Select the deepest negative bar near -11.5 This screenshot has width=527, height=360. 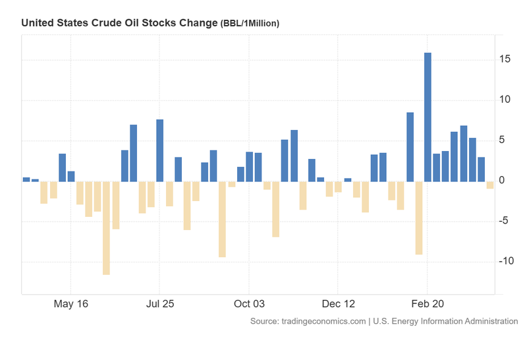[x=106, y=227]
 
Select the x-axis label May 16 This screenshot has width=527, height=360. [x=70, y=304]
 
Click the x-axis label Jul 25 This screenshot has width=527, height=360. [x=159, y=304]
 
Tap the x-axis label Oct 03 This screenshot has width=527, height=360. [x=249, y=304]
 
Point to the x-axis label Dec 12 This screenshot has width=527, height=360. [x=338, y=304]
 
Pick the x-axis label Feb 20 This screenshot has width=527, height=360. [x=428, y=304]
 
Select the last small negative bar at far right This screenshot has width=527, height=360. [x=490, y=185]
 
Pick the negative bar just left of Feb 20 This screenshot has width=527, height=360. [x=418, y=218]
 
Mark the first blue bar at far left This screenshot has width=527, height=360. [x=26, y=179]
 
